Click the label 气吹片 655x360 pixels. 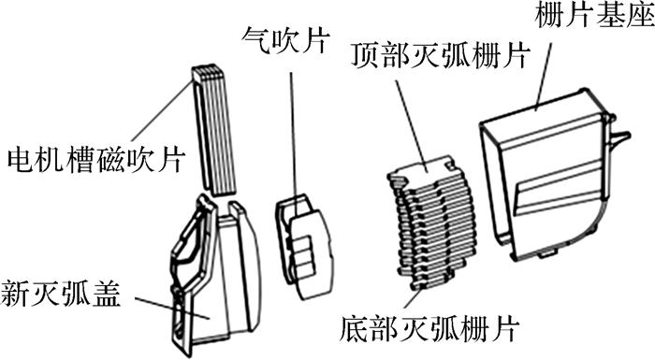pos(285,41)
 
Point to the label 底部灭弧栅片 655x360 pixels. pos(429,329)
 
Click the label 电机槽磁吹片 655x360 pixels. pos(96,159)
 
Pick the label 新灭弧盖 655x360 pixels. pos(61,294)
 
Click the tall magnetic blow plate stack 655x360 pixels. pos(214,130)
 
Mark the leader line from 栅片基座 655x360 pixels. pos(543,78)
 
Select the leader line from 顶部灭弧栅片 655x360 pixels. pos(412,124)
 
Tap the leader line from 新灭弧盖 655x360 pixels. pos(172,308)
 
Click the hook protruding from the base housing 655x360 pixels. pos(619,137)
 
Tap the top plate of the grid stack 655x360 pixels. pos(422,167)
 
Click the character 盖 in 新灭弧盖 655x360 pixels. pos(107,294)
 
